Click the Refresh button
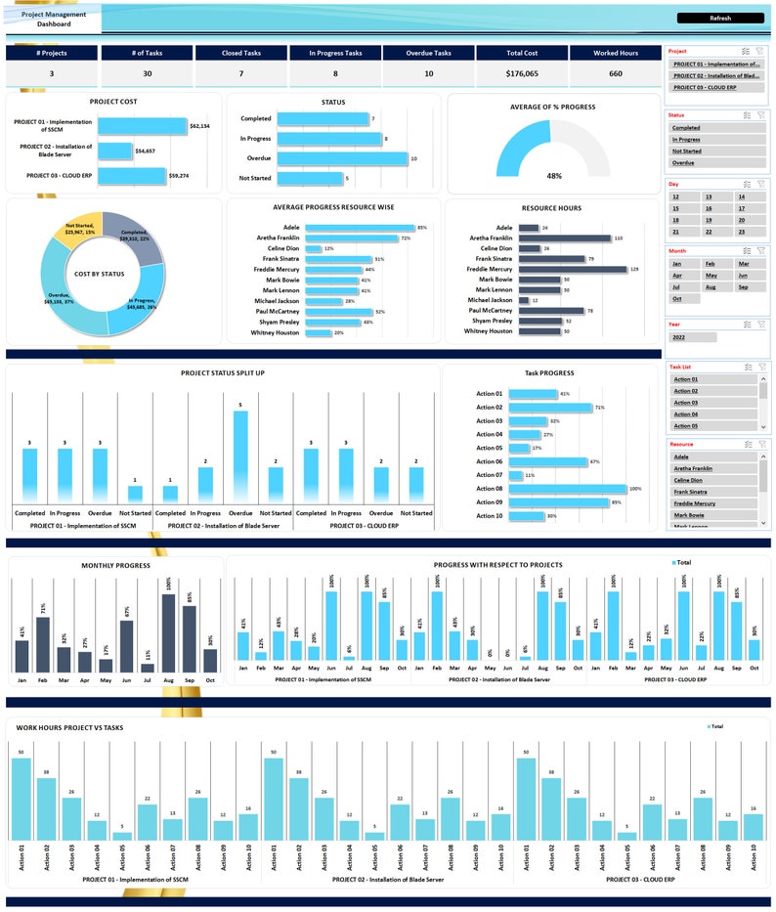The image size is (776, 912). click(719, 18)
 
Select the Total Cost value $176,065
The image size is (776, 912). click(522, 73)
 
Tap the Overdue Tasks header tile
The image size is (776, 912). click(428, 54)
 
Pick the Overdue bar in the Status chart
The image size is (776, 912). click(342, 158)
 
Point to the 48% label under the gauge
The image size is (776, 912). click(554, 176)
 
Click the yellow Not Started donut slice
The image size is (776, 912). click(83, 229)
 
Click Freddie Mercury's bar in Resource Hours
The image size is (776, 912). click(572, 269)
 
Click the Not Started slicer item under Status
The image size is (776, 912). click(686, 152)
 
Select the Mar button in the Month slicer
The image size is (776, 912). click(744, 264)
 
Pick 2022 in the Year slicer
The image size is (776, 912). click(692, 337)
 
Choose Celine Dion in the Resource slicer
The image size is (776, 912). click(688, 480)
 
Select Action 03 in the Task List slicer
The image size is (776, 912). click(686, 403)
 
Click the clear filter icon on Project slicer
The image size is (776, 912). click(759, 50)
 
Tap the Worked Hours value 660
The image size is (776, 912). click(616, 73)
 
